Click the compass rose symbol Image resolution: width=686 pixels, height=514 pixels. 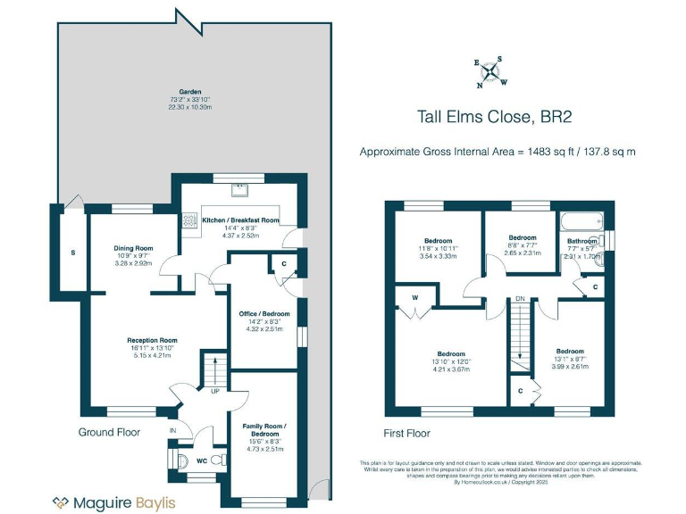pos(490,72)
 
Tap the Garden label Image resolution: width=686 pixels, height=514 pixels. pos(189,92)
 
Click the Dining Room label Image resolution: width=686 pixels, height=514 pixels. pos(133,248)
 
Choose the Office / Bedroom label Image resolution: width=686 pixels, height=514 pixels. pos(264,314)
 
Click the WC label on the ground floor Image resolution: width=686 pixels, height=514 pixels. pos(202,460)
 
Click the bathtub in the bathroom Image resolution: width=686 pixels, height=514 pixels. pos(581,220)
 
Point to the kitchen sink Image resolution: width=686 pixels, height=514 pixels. pos(239,189)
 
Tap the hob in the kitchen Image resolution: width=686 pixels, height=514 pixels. pos(189,220)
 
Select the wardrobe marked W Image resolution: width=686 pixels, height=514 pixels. pos(415,298)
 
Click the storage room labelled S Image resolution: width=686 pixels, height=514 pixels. pos(73,253)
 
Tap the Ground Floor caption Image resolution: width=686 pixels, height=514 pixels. pos(109,432)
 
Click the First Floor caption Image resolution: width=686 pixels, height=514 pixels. pos(407,434)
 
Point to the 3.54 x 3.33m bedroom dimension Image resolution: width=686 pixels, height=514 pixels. pos(439,257)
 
